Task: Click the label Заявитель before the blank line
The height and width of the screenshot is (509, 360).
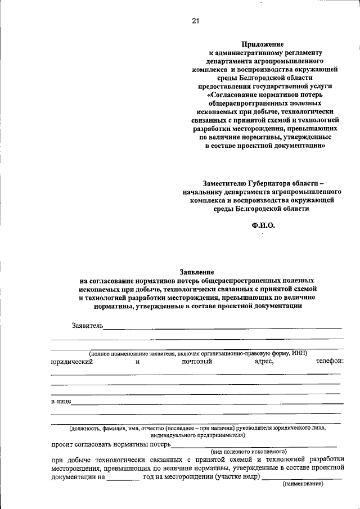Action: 87,326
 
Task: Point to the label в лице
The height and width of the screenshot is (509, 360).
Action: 60,402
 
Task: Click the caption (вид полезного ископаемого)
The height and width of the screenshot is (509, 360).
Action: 249,451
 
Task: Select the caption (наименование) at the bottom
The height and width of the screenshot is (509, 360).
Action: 303,484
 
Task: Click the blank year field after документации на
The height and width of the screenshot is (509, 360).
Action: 123,477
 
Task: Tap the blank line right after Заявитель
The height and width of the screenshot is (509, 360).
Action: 223,327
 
